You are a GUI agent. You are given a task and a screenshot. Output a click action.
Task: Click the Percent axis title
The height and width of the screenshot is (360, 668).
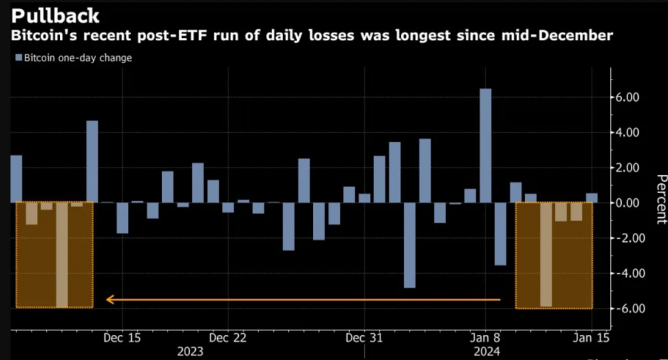[660, 199]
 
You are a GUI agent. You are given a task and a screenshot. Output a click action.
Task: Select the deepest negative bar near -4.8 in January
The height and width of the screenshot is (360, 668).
[410, 245]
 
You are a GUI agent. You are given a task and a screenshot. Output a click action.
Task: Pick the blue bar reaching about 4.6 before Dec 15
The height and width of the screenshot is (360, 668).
[92, 161]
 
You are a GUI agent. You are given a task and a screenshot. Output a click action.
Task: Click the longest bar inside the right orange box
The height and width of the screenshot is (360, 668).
[547, 254]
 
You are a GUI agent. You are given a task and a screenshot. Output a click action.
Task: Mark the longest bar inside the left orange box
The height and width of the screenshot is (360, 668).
[62, 254]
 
